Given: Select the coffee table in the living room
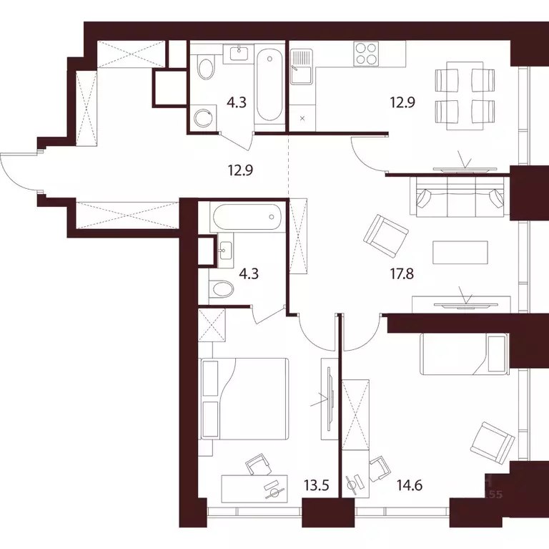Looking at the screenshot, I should click(460, 254).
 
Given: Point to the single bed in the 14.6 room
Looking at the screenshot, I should click(463, 354).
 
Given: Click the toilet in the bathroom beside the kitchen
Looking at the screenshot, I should click(206, 69).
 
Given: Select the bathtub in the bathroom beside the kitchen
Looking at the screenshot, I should click(269, 84).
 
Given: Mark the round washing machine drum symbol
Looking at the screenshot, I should click(206, 117).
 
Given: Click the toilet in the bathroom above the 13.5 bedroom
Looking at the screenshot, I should click(223, 290).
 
